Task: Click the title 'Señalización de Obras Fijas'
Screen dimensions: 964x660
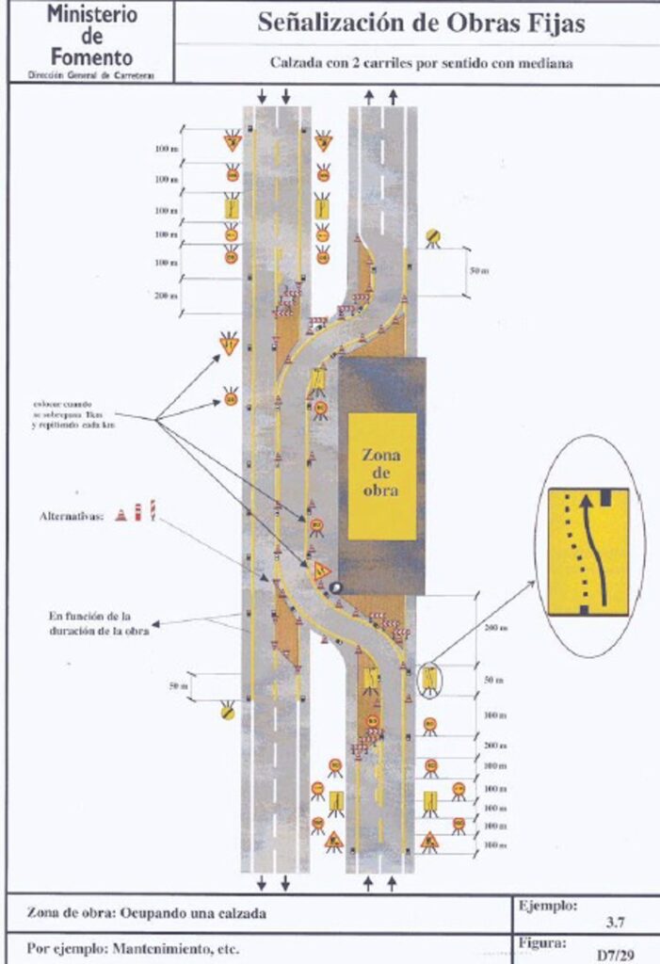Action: [x=420, y=24]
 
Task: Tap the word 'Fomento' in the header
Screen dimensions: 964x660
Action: [x=91, y=56]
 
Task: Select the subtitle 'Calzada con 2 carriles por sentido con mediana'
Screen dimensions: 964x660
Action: [x=421, y=63]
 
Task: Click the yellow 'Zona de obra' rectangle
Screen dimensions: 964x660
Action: [x=381, y=475]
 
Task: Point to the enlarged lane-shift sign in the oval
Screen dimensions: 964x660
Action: [x=588, y=551]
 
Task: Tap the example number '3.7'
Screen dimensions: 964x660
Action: [x=613, y=924]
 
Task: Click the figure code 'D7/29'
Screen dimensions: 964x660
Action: [x=612, y=954]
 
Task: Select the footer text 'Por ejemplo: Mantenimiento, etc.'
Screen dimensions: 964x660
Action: [x=133, y=948]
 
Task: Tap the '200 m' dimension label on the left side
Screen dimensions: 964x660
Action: [x=166, y=295]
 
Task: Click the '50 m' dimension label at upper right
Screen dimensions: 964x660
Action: [x=479, y=271]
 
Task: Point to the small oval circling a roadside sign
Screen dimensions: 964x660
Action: [x=428, y=678]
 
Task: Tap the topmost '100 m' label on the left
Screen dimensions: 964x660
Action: [x=166, y=149]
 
